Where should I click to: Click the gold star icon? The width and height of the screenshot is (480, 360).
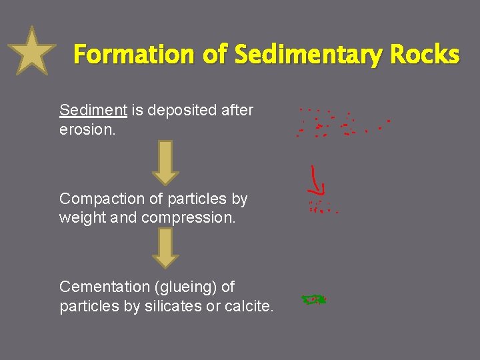(x=31, y=51)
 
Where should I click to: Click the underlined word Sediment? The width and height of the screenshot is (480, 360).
(x=93, y=110)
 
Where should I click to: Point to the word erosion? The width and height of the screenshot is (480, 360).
(x=87, y=129)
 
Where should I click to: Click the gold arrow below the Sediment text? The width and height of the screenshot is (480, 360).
(x=165, y=162)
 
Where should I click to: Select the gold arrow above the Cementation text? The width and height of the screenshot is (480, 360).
(x=165, y=248)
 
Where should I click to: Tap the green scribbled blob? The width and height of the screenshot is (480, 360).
(x=313, y=300)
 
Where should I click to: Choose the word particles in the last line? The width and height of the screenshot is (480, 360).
(x=87, y=306)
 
